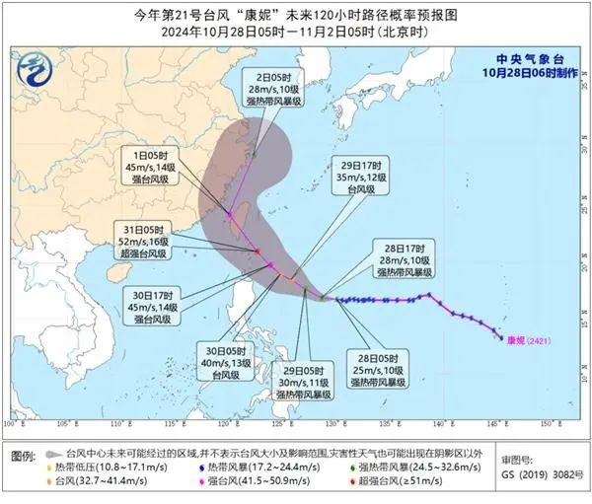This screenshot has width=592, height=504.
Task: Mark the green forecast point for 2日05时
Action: (x=254, y=154)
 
